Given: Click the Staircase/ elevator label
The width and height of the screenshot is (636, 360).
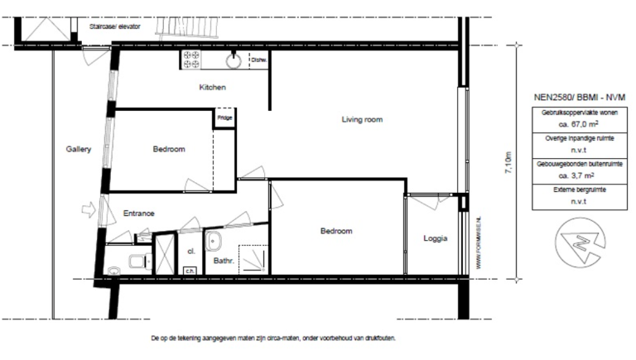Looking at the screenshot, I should (x=114, y=26).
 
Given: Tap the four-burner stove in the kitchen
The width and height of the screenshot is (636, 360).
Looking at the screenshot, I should (x=190, y=59).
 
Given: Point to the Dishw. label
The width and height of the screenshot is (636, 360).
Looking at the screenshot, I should (x=258, y=60).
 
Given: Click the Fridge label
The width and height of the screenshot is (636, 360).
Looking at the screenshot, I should (x=224, y=118).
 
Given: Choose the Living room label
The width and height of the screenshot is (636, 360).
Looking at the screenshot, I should (x=362, y=120).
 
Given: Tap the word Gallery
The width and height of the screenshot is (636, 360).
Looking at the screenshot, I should (x=78, y=150).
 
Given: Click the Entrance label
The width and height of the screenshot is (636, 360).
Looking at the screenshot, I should (x=139, y=214).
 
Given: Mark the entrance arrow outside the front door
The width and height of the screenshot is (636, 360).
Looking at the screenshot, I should (x=89, y=212).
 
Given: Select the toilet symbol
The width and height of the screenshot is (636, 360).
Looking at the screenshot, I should (x=135, y=264).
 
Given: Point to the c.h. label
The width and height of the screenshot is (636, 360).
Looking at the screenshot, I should (x=189, y=270).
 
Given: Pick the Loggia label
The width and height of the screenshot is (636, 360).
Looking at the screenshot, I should (x=435, y=238).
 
